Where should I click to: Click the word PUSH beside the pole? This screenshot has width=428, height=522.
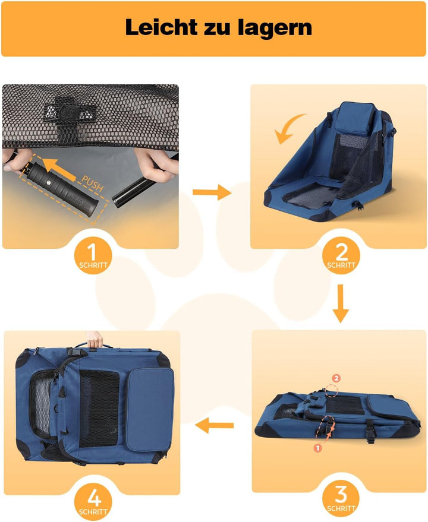pos(92,184)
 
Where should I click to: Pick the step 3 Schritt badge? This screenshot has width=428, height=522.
pos(341,498)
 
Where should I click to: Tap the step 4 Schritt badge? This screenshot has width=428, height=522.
pos(93,502)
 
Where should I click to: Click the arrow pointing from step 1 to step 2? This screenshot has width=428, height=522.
pos(212,192)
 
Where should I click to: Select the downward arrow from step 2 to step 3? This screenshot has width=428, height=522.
pos(341,303)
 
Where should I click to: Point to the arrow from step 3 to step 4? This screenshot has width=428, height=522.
pos(215,425)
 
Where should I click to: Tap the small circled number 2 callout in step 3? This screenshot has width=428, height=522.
pos(336,378)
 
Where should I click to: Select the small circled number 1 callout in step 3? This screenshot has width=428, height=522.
pos(317,448)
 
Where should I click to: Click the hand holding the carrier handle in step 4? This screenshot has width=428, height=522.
pos(95,340)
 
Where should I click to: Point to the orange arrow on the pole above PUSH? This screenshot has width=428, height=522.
pos(59,169)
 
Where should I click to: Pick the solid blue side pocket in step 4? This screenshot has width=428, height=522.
pos(150,409)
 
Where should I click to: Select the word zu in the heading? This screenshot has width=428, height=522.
pos(218,29)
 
